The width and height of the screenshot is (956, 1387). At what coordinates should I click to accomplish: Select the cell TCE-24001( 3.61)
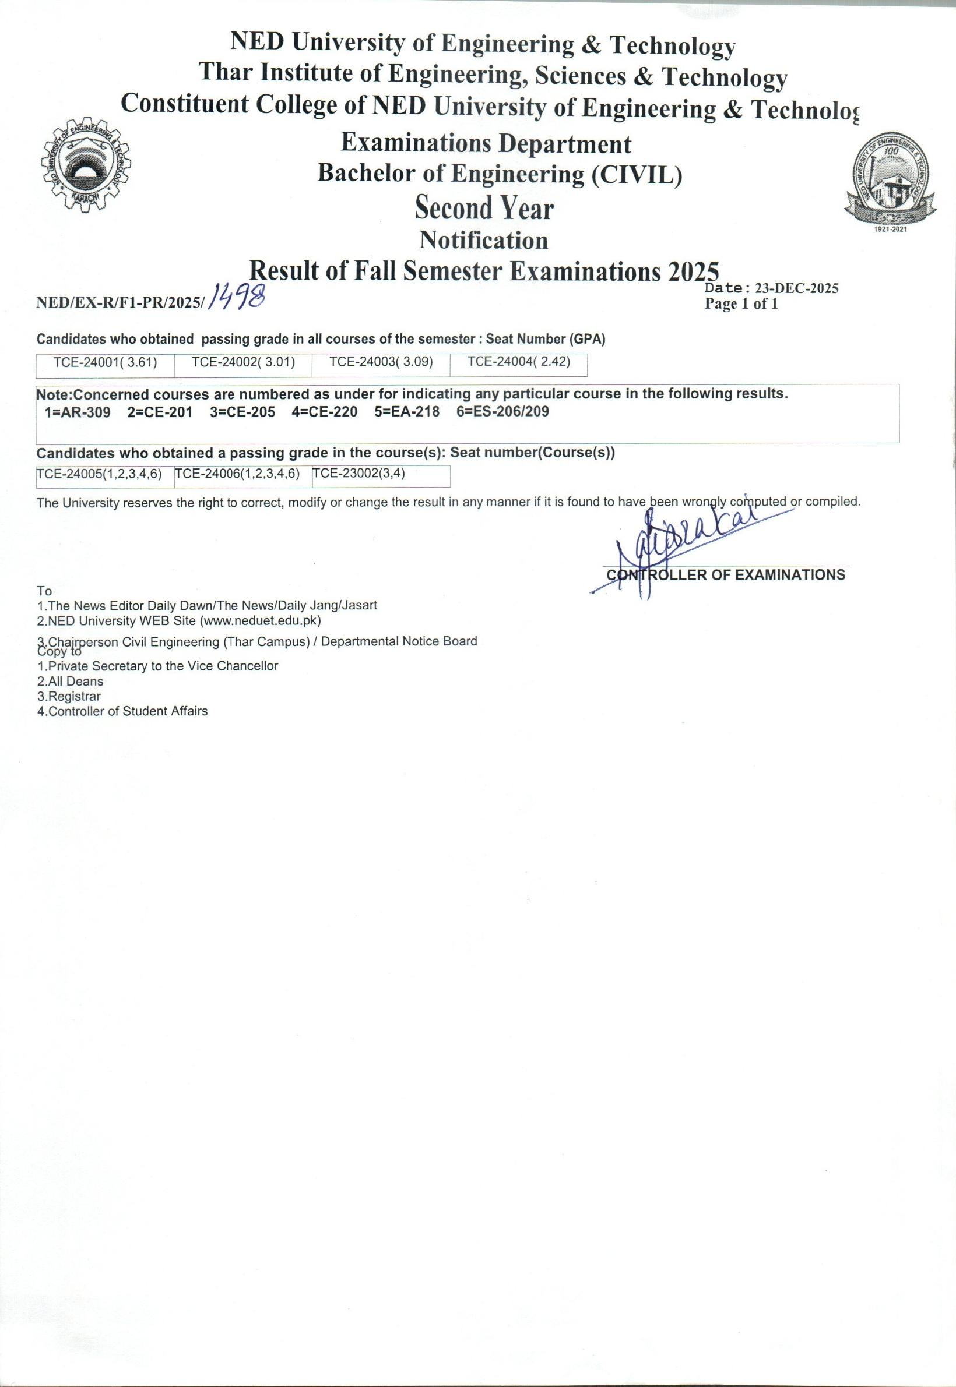coord(105,363)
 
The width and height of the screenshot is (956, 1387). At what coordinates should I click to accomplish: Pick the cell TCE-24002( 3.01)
coord(243,363)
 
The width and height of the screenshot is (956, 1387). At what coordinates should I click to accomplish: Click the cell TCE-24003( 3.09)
coord(381,363)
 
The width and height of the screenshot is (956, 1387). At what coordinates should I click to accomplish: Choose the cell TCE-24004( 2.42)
coord(519,363)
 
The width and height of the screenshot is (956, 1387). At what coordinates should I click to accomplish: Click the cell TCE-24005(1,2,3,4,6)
coord(100,474)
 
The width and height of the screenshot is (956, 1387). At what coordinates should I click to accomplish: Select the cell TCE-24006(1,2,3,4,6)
coord(237,474)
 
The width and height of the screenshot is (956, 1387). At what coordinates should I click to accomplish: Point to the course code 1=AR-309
coord(78,412)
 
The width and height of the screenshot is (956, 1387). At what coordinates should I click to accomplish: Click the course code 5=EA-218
coord(407,412)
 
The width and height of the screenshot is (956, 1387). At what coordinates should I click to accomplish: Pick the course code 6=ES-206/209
coord(502,412)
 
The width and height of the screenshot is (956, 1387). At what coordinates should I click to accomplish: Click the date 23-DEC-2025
coord(797,288)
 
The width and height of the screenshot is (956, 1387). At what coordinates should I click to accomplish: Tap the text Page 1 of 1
coord(741,304)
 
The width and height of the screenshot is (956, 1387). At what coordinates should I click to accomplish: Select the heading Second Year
coord(484,209)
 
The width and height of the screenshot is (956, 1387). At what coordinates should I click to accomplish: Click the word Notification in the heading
coord(483,241)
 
